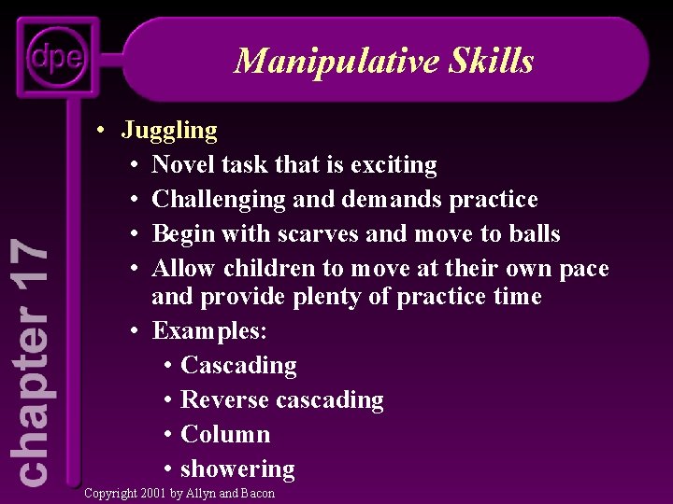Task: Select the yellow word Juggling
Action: (x=169, y=131)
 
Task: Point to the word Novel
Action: (x=182, y=165)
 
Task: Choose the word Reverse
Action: (x=222, y=399)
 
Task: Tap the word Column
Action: (x=225, y=434)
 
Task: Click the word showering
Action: (x=237, y=469)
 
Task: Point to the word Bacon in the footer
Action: (x=258, y=493)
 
